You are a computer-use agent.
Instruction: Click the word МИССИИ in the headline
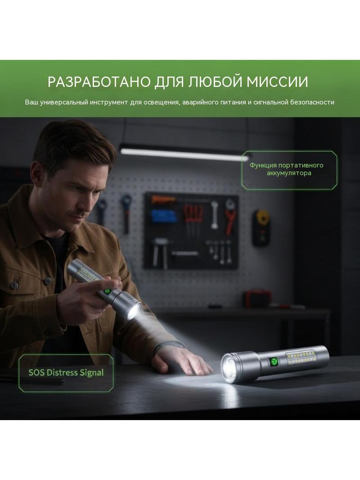tap(277, 82)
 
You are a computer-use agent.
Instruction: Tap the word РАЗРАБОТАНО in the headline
tap(99, 82)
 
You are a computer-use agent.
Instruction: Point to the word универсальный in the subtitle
tap(63, 103)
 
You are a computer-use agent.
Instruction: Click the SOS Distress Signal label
tap(66, 372)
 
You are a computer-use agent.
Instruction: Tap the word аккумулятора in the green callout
tap(289, 173)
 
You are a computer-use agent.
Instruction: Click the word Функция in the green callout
tap(263, 165)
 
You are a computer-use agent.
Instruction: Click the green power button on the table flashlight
tap(274, 362)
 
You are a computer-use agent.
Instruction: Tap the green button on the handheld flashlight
tap(107, 291)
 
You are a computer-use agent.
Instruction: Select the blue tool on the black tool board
tap(164, 216)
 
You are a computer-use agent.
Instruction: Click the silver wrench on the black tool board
tap(214, 215)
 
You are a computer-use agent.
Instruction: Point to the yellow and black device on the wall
tap(262, 227)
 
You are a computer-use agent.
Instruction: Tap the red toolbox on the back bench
tap(257, 299)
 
